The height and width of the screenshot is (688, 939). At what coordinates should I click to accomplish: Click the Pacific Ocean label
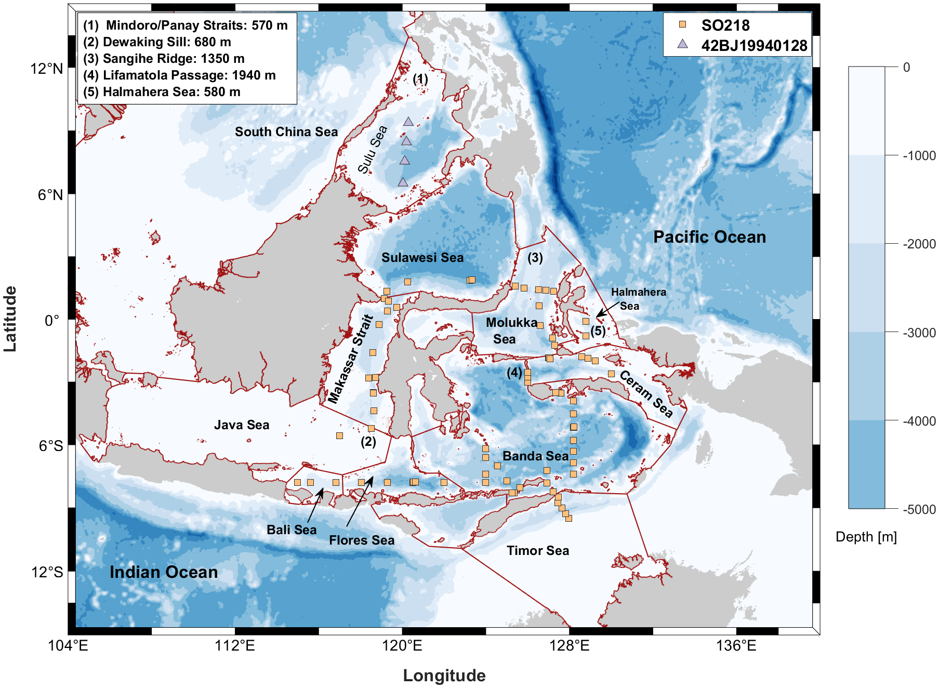[709, 237]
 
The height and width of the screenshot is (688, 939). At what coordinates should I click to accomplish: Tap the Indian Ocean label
[163, 572]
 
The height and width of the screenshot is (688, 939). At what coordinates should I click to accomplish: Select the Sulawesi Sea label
[422, 258]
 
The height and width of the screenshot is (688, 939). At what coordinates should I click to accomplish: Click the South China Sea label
[286, 132]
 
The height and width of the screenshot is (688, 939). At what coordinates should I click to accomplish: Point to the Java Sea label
[242, 425]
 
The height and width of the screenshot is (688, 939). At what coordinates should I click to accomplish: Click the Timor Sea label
[538, 551]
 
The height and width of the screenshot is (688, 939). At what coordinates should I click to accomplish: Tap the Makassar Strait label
[351, 359]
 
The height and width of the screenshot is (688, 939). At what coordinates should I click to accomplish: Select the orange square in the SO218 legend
[683, 24]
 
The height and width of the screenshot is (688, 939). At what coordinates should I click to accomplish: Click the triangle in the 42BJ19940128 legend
[683, 45]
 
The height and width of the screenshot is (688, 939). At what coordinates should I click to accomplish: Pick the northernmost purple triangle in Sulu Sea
[408, 122]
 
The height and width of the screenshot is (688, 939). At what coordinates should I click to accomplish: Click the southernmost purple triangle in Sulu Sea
[403, 182]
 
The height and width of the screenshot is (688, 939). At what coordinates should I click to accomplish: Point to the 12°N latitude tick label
[46, 69]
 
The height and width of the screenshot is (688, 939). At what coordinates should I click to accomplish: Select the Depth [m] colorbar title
[866, 537]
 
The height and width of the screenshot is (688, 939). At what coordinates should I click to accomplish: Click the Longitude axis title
[444, 676]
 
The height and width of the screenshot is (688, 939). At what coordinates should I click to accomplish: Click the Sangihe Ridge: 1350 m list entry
[164, 59]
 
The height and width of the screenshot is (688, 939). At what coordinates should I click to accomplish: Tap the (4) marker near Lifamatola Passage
[514, 373]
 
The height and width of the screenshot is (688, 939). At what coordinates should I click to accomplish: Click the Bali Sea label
[292, 530]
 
